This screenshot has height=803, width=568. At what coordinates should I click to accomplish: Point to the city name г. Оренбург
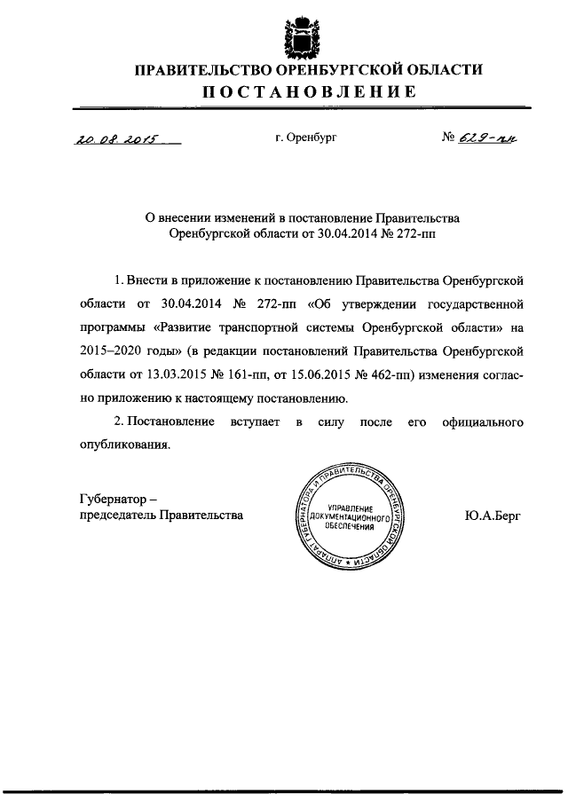click(306, 138)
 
